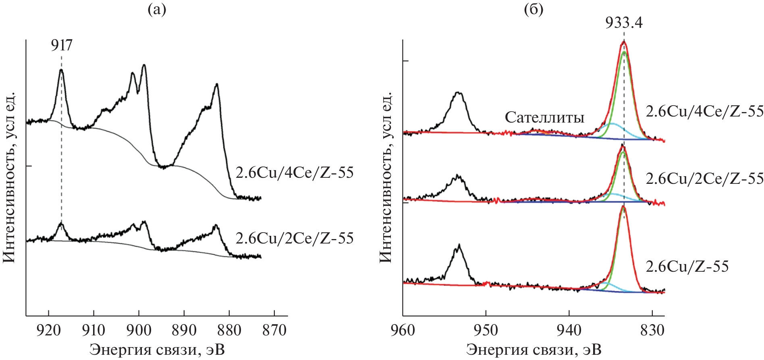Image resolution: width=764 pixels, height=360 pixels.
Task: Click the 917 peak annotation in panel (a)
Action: [62, 46]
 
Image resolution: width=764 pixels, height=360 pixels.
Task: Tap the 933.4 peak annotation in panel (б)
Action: [624, 23]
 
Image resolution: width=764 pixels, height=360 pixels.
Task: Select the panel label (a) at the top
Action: [157, 9]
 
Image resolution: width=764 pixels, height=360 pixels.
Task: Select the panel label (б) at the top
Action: [534, 9]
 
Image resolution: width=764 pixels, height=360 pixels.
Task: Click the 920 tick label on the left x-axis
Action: [48, 330]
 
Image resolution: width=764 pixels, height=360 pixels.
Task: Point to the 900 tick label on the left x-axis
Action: [139, 330]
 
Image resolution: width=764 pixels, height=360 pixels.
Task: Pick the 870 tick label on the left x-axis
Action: [274, 330]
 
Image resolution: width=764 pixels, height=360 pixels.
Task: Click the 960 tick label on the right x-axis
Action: [403, 330]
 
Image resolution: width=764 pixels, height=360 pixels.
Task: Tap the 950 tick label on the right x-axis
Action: [486, 330]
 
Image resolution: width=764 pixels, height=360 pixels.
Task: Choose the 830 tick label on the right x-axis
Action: [652, 330]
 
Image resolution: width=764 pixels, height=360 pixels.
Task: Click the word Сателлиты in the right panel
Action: [544, 117]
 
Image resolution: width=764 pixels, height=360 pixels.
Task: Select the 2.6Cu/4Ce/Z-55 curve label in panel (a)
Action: [295, 173]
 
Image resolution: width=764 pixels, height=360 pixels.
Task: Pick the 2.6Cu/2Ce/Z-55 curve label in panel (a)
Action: [295, 238]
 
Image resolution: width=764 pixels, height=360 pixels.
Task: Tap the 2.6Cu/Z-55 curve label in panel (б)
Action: [687, 266]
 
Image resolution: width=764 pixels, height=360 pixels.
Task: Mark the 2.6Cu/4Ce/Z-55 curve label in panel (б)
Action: [704, 111]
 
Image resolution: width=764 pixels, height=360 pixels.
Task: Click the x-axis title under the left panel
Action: [157, 350]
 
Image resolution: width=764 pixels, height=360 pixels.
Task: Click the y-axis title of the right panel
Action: [386, 177]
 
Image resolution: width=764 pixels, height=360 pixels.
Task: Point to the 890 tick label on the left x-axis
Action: [184, 330]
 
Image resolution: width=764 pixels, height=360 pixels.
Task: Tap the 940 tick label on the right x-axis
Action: [569, 330]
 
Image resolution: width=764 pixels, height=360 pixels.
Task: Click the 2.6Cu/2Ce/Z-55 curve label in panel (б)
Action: [704, 178]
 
